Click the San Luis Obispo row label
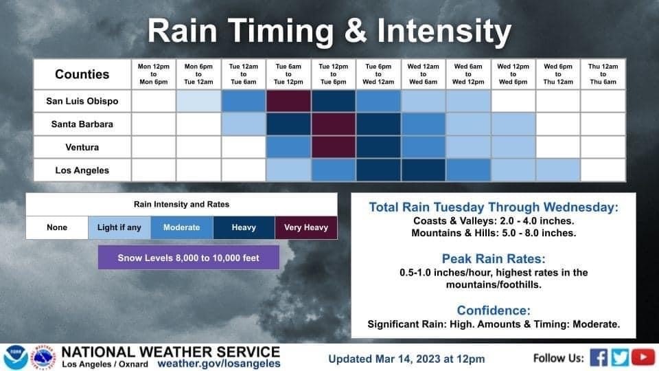pos(82,101)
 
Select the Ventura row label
pos(82,147)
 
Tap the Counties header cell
pos(82,74)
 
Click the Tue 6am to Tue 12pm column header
pos(288,74)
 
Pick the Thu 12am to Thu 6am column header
pos(603,74)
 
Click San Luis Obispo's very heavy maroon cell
pos(288,101)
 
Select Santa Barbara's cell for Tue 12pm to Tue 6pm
pos(334,124)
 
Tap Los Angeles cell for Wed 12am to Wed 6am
pos(424,170)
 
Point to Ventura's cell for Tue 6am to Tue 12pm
pos(288,147)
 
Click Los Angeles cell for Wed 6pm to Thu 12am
pos(558,170)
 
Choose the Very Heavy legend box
pos(306,227)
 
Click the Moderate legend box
pos(181,227)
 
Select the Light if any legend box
pos(119,227)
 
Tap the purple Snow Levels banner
pos(188,258)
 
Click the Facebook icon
pos(599,357)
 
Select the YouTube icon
pos(643,357)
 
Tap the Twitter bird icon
pos(620,357)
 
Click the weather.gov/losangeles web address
pos(219,363)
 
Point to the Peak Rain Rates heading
pos(494,258)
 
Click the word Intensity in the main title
pos(444,31)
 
